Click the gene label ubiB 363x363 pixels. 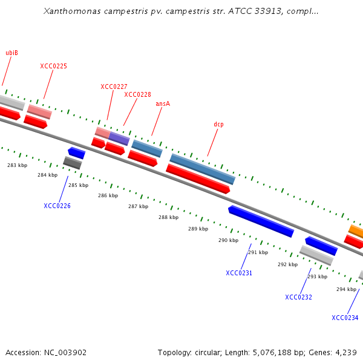tap(12, 53)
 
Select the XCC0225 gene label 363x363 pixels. tap(53, 66)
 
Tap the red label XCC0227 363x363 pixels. tap(114, 87)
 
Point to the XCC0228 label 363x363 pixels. tap(137, 94)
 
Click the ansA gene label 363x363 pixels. tap(163, 103)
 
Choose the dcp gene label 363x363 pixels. tap(218, 124)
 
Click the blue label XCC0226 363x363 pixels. tap(57, 206)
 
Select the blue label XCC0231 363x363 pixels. tap(239, 273)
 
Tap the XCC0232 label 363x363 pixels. tap(298, 297)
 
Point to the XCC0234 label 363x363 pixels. tap(345, 318)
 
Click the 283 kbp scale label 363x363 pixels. tap(17, 165)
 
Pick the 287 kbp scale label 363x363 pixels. tap(138, 206)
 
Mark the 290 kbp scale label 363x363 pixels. tap(228, 240)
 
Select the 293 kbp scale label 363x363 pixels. tap(317, 276)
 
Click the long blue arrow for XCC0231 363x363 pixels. tap(261, 221)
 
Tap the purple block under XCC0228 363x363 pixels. tap(119, 139)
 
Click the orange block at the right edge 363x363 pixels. tap(356, 231)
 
